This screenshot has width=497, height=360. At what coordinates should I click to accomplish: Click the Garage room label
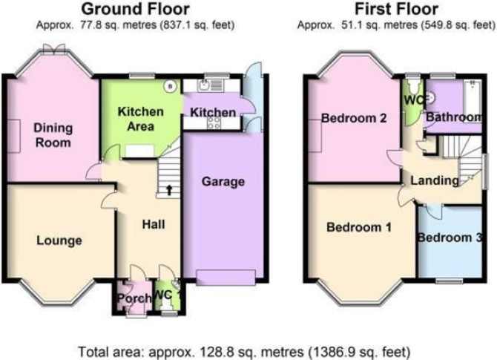(223, 182)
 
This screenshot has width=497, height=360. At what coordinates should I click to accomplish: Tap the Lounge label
(59, 240)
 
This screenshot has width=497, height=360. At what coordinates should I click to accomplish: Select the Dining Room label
(53, 135)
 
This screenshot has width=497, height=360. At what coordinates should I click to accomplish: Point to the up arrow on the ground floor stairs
(169, 190)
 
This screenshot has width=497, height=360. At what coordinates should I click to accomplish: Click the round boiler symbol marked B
(171, 86)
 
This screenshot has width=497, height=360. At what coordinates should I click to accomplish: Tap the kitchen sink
(203, 85)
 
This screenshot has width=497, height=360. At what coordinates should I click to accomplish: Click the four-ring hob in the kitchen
(214, 122)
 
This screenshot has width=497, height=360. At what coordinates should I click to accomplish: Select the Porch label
(134, 298)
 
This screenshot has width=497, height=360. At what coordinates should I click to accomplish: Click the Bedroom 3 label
(450, 238)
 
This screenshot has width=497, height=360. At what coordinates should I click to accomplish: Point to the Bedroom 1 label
(359, 227)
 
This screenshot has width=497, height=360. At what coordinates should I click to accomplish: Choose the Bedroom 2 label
(354, 118)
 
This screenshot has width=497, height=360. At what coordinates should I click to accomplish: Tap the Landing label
(435, 180)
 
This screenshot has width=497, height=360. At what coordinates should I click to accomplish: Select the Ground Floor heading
(135, 9)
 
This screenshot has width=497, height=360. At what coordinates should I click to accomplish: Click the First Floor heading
(396, 9)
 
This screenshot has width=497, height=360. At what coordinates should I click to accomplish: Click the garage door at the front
(226, 278)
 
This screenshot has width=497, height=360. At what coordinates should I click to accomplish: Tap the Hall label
(154, 224)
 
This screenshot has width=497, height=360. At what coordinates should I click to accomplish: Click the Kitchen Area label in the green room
(141, 119)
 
